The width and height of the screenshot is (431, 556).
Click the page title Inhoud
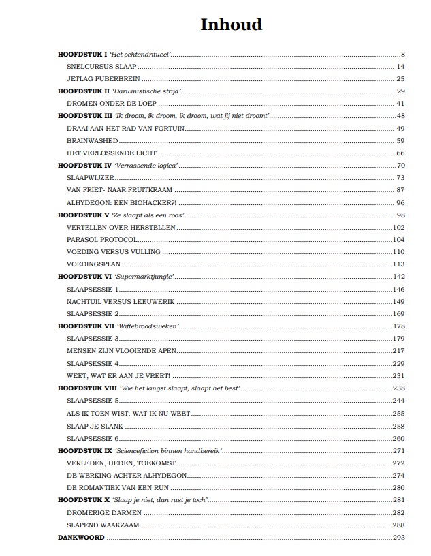231,25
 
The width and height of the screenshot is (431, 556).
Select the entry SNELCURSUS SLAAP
101,67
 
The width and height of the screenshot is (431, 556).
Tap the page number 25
400,79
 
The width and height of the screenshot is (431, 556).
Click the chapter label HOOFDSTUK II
84,91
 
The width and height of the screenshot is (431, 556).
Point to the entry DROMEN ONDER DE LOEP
112,104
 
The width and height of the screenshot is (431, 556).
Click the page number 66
400,153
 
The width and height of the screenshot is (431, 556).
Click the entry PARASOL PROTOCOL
102,240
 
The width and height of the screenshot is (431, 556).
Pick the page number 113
398,264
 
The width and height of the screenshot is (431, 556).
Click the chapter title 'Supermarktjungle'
144,277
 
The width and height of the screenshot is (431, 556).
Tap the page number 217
398,350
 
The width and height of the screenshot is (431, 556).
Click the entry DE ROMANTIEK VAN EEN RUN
118,487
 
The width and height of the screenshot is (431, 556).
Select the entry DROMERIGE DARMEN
101,512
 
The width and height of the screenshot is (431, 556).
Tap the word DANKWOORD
82,537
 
